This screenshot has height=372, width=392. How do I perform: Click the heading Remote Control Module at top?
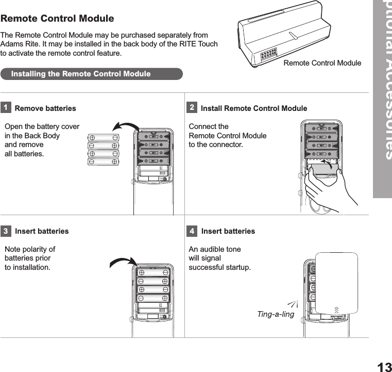tap(57, 19)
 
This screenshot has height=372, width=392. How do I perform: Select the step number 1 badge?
tap(6, 108)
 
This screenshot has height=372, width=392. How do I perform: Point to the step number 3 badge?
tap(6, 231)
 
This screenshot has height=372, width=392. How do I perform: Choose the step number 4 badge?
tap(192, 231)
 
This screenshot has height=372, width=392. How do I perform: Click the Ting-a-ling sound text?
tap(276, 314)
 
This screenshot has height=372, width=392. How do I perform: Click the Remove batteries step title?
tap(45, 108)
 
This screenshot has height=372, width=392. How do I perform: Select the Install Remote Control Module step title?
tap(253, 108)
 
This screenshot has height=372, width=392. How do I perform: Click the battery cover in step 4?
tap(336, 283)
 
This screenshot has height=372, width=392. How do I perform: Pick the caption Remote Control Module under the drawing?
tap(322, 63)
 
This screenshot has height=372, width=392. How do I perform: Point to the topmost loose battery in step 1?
tap(103, 138)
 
